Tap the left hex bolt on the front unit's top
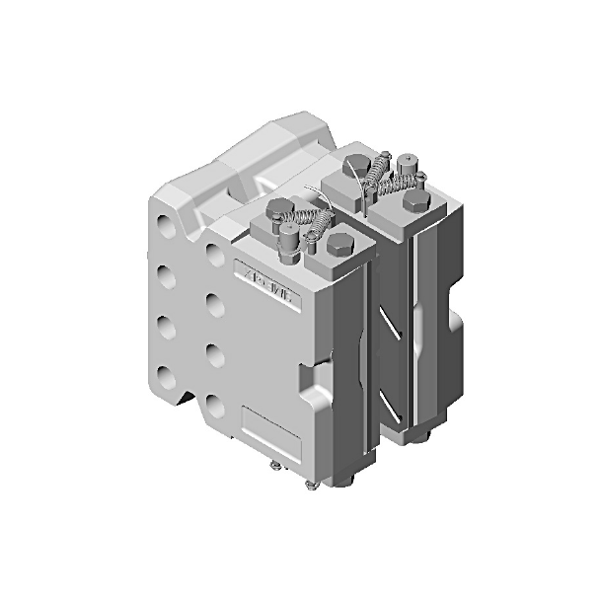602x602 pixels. (275, 209)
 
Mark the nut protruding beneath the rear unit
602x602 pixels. (430, 440)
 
